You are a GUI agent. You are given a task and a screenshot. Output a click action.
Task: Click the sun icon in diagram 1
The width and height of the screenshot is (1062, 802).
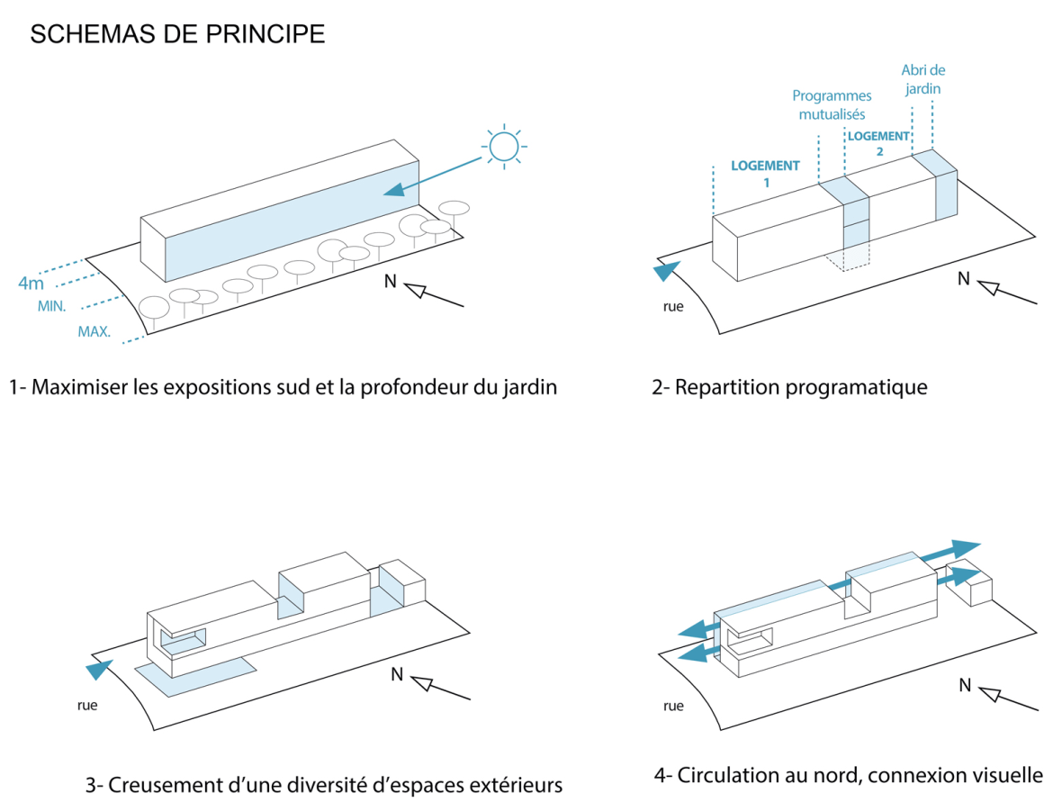coord(504,145)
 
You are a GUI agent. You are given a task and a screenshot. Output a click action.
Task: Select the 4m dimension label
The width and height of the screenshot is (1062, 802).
coord(31,284)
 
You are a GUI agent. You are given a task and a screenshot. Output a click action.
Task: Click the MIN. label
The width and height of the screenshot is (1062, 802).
coord(51,307)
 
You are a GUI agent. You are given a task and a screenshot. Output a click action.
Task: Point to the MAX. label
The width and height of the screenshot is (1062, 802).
coord(94,331)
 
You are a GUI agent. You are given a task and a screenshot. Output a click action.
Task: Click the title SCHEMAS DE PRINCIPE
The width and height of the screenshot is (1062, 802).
coord(177,35)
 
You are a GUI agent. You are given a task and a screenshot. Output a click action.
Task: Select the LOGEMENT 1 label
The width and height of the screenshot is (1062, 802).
coord(764,173)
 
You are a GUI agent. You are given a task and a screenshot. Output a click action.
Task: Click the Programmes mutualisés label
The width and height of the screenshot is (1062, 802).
coord(832,104)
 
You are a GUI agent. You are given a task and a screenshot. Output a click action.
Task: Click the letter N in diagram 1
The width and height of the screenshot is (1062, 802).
coord(390,281)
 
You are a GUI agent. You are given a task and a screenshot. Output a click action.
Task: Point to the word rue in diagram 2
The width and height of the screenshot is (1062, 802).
coord(673,306)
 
